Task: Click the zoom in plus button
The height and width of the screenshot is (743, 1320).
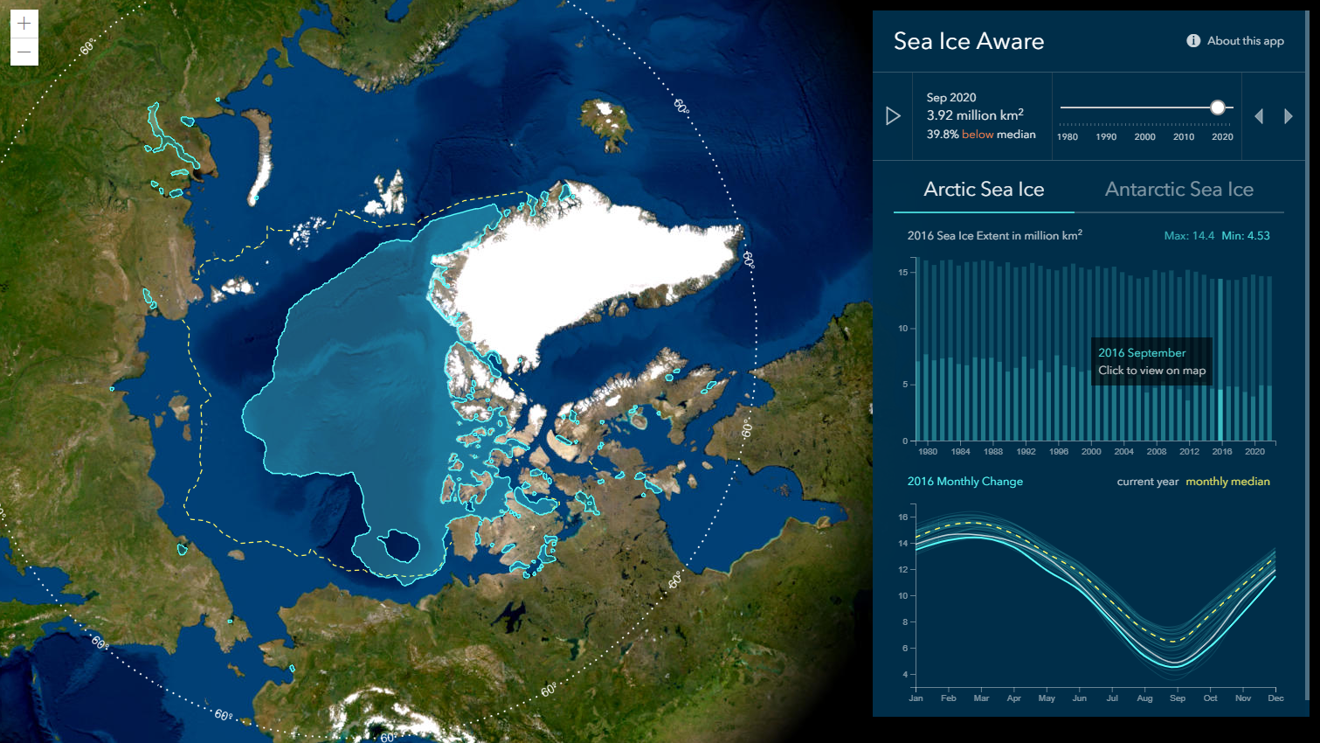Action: (24, 24)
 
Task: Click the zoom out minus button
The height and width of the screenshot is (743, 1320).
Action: (24, 52)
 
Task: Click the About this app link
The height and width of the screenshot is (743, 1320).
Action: (1235, 41)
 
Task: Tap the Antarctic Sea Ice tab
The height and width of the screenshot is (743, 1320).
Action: (1178, 190)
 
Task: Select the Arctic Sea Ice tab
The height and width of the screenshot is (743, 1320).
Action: (984, 190)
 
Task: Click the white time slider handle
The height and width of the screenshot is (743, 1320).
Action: (1218, 108)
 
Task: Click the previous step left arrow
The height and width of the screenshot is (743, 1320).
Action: (1259, 116)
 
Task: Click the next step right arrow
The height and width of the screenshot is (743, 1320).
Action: (1289, 116)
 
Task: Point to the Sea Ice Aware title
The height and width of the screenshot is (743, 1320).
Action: (969, 41)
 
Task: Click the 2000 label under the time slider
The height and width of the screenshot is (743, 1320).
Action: (1144, 137)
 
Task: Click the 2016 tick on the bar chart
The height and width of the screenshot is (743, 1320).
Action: (1221, 452)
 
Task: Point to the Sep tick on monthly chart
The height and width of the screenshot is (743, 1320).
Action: (1178, 698)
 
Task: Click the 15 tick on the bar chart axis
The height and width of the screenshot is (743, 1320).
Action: (903, 273)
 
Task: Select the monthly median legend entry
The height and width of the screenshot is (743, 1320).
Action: (1227, 482)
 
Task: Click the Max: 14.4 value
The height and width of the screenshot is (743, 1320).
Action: (1189, 236)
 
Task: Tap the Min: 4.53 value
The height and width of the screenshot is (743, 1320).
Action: (1246, 236)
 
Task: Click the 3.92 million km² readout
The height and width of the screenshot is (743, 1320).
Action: (975, 115)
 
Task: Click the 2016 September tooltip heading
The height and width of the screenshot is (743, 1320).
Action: (1142, 353)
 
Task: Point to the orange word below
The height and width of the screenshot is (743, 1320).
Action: (978, 135)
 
